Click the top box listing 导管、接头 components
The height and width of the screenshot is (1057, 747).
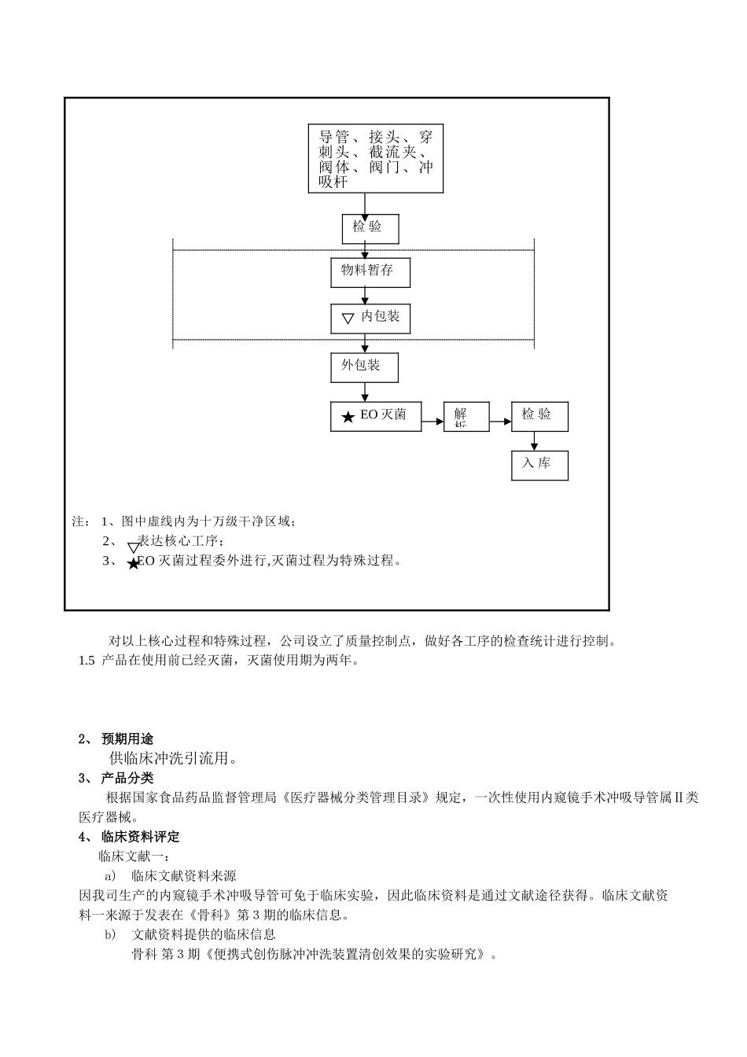(376, 158)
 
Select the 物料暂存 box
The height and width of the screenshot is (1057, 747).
(370, 271)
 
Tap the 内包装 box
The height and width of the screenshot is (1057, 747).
(370, 317)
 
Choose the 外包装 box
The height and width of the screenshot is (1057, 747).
(363, 366)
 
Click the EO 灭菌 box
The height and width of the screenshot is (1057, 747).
(375, 416)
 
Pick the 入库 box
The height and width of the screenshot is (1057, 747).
(539, 465)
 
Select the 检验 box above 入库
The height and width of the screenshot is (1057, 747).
(539, 416)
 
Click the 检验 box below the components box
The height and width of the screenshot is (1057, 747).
(370, 228)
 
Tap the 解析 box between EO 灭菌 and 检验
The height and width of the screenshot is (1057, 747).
(465, 416)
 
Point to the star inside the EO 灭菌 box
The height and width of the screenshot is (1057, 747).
(348, 417)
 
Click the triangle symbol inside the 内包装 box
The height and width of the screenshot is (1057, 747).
(348, 319)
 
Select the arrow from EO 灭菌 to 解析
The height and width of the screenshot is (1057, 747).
(432, 422)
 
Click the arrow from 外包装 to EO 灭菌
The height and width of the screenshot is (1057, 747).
(365, 392)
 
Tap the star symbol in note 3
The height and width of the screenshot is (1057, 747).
(133, 564)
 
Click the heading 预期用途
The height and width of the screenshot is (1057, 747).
(127, 738)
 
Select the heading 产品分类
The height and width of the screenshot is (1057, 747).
(127, 778)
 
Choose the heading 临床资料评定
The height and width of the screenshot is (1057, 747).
(140, 836)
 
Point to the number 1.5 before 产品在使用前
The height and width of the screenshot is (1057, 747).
(86, 661)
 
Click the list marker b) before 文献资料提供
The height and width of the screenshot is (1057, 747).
(110, 934)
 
